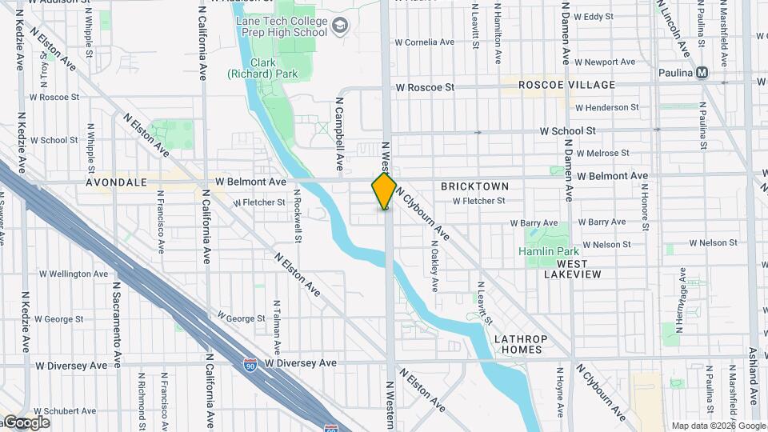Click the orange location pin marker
coord(384,190)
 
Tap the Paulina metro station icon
coord(702,72)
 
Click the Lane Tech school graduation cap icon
coord(341,27)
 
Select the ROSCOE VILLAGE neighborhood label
coord(566,85)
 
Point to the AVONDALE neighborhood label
coord(118,182)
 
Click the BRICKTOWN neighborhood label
coord(474,186)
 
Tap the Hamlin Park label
coord(548,251)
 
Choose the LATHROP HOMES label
coord(518,344)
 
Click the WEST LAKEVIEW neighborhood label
coord(567,269)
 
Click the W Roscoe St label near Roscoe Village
coord(424,86)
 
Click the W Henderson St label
coord(606,107)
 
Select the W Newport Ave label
coord(604,62)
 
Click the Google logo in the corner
coord(26,422)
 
